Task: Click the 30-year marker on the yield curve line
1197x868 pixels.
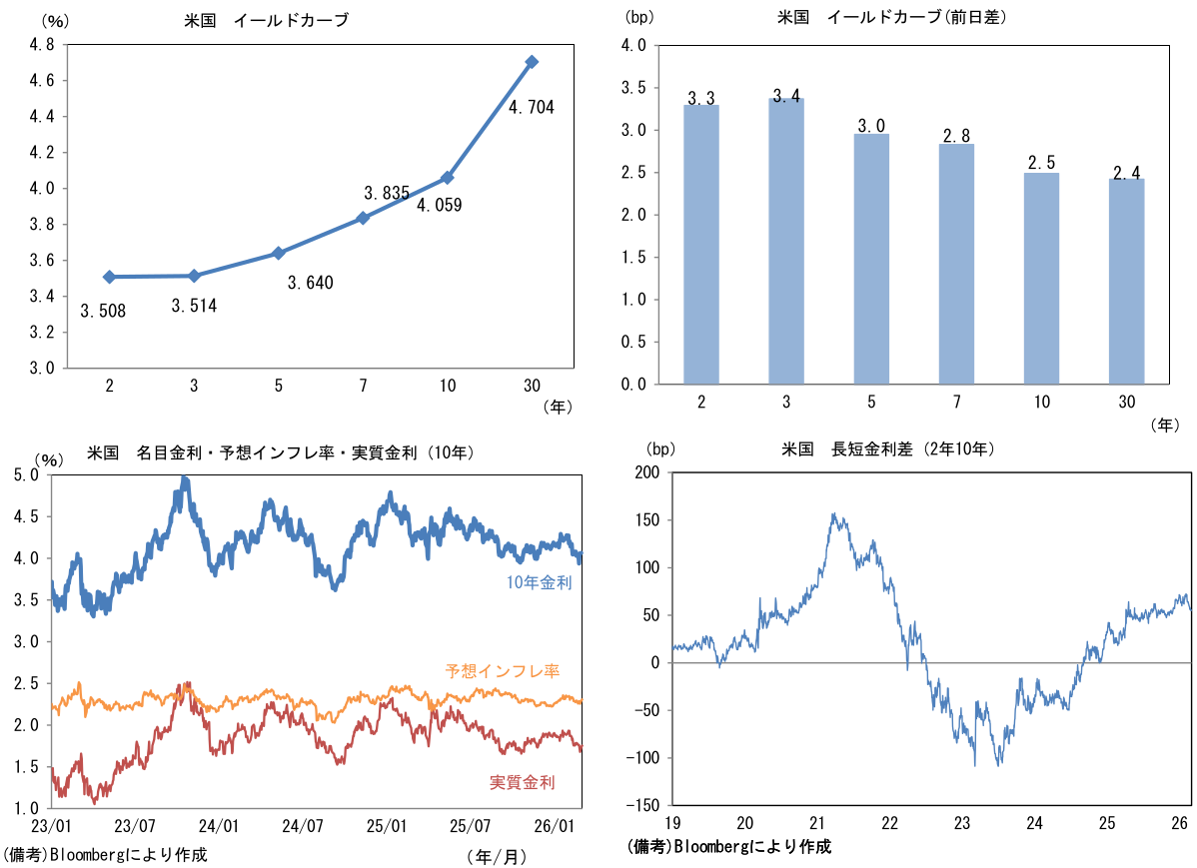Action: pos(532,62)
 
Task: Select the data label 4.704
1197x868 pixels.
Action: pos(531,108)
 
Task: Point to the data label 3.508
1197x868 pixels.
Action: pos(103,311)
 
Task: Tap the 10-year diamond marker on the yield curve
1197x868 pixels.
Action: pos(448,178)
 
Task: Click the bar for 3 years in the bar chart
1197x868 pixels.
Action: pos(786,240)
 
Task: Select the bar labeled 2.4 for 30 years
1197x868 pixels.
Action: pos(1127,281)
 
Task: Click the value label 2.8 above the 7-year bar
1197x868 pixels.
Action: pos(957,135)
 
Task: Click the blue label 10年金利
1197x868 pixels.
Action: pos(540,582)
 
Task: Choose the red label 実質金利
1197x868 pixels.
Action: pos(523,782)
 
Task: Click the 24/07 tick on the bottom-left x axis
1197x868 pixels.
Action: pos(303,826)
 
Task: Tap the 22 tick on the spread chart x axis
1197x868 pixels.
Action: pos(890,823)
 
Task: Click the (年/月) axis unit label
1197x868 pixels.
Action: pos(496,856)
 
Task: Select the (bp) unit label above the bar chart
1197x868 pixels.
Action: pos(637,16)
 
